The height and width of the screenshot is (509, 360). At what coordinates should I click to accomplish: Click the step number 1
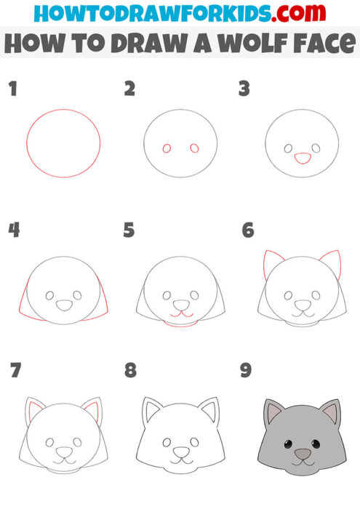pos(12,89)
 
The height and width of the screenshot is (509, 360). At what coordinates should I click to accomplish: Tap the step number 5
pos(129,231)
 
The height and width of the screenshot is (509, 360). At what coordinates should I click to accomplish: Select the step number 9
pos(246,371)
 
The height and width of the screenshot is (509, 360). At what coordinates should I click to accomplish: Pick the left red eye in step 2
pos(167,148)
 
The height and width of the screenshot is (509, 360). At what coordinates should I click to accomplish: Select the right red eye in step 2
pos(194,148)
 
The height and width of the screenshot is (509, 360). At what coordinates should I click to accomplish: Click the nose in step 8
pos(180,454)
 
